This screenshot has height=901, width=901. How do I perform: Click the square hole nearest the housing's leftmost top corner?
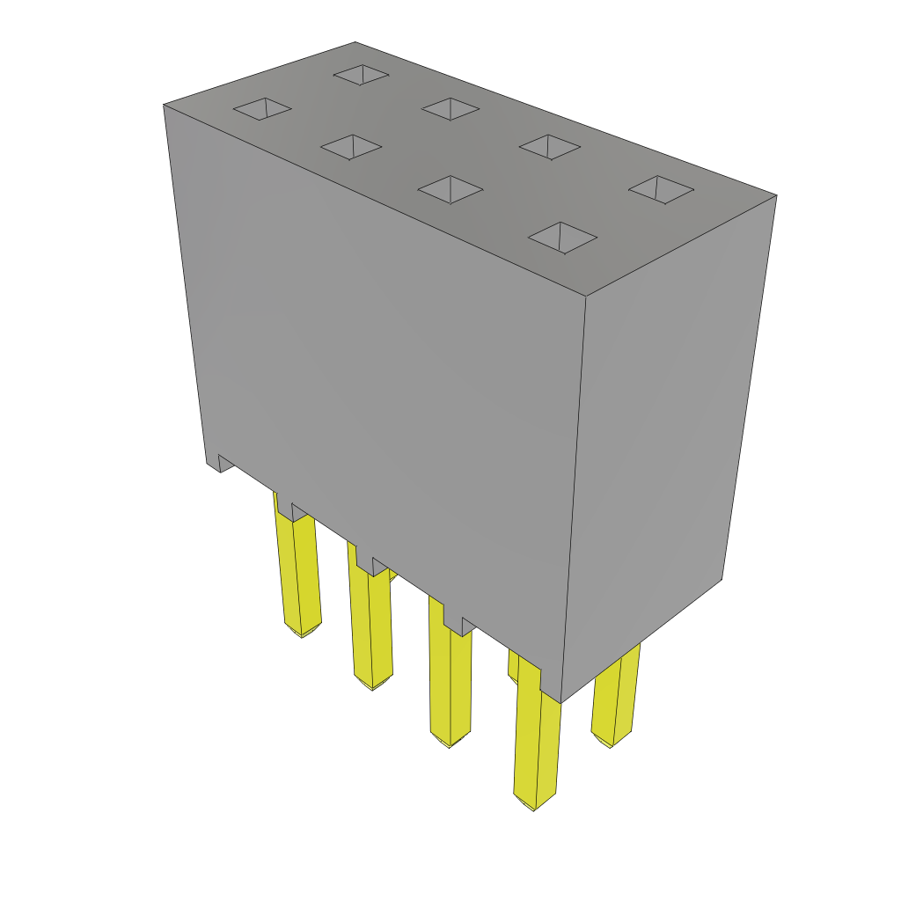click(x=262, y=108)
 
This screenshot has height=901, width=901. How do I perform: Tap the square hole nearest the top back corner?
click(x=361, y=75)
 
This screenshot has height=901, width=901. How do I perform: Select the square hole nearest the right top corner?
click(x=661, y=188)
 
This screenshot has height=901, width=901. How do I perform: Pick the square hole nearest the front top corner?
click(x=562, y=238)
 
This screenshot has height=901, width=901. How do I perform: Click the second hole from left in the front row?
click(x=351, y=147)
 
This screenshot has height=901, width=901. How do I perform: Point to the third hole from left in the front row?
click(x=450, y=189)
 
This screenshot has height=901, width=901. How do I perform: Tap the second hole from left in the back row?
click(x=450, y=109)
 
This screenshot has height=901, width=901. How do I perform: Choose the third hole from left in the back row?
click(x=550, y=147)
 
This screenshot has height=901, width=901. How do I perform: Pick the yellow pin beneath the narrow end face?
click(x=614, y=695)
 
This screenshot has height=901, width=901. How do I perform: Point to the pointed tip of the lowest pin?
click(x=534, y=806)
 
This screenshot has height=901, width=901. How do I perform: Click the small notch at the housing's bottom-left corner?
click(x=223, y=463)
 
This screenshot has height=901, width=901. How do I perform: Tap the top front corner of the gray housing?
click(x=586, y=297)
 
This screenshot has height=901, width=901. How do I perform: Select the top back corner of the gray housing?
click(x=355, y=43)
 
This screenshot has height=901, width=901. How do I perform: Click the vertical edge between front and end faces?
click(x=574, y=493)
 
